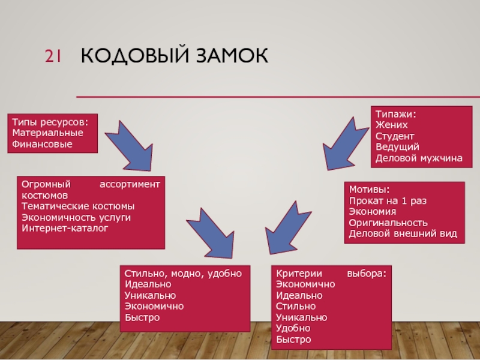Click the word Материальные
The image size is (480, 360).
(x=48, y=133)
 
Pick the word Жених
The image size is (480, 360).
(x=391, y=125)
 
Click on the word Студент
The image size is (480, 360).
(x=395, y=136)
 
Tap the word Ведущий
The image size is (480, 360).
(x=397, y=147)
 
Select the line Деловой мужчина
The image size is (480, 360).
(x=419, y=158)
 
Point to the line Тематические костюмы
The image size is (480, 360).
(x=74, y=206)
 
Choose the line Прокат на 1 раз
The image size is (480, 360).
(x=388, y=200)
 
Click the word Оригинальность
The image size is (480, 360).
(x=388, y=223)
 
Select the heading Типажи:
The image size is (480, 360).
(x=396, y=113)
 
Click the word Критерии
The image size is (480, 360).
(x=298, y=273)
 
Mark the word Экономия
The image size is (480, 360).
(x=373, y=211)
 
